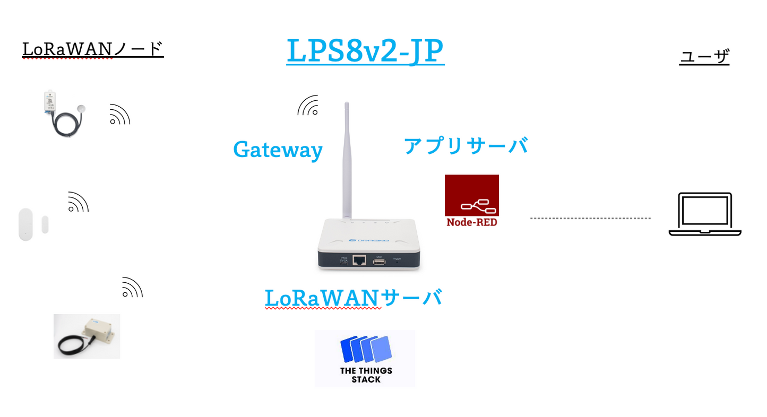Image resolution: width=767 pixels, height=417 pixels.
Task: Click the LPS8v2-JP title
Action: click(365, 51)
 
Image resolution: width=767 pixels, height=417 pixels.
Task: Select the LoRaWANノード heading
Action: click(93, 49)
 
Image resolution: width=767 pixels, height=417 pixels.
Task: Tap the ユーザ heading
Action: click(704, 57)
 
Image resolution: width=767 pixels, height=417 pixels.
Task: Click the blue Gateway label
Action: click(278, 150)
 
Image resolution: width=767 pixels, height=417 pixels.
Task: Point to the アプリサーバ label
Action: click(466, 145)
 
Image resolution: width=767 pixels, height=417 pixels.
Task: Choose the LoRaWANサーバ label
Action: click(353, 298)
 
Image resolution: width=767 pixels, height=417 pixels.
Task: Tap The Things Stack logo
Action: click(365, 358)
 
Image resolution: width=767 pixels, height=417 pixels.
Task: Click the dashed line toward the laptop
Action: click(590, 218)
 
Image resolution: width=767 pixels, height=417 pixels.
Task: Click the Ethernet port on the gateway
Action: click(360, 260)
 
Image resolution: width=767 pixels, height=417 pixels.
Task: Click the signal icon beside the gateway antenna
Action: click(308, 106)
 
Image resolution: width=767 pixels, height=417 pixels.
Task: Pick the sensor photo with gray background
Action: click(87, 336)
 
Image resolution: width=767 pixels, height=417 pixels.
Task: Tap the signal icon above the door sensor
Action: click(77, 202)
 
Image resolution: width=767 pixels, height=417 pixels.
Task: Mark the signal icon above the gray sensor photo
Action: click(132, 287)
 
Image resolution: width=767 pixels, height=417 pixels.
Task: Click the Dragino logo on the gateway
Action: click(369, 240)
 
